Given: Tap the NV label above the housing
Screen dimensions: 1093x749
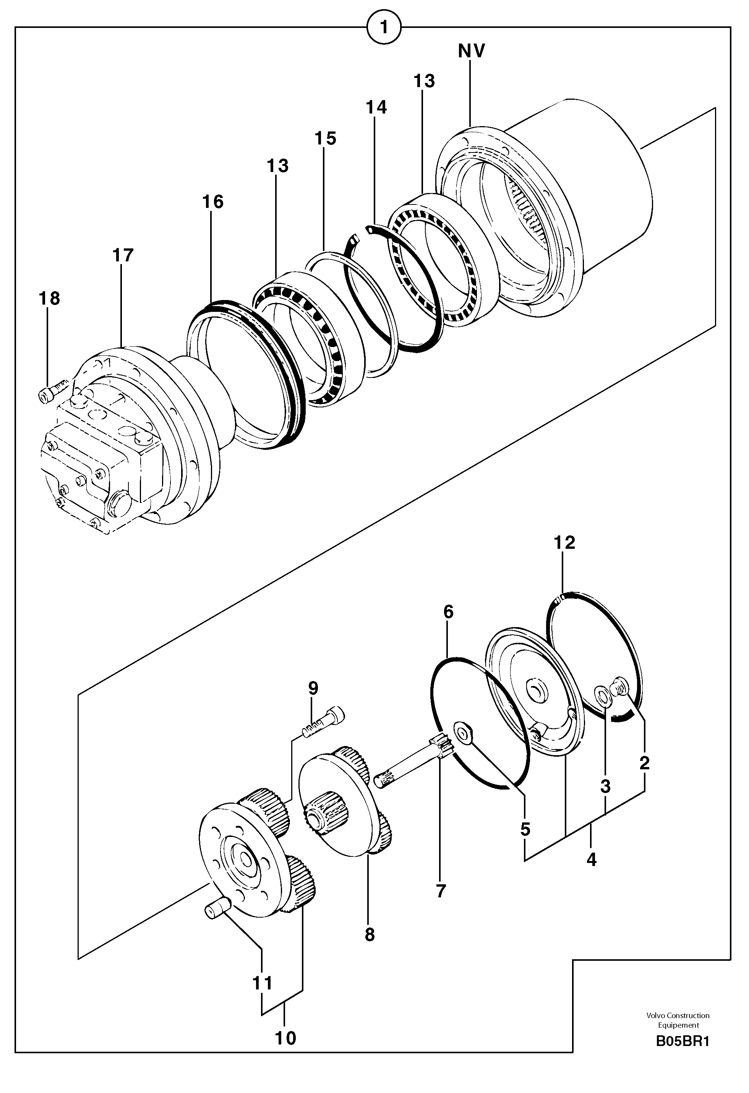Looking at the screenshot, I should click(x=472, y=51).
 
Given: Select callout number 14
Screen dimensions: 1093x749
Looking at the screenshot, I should click(x=376, y=108).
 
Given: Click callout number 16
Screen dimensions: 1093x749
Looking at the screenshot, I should click(x=212, y=202).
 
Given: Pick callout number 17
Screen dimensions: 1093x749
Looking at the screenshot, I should click(x=123, y=255).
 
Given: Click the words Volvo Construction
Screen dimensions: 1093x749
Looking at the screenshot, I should click(x=678, y=1015).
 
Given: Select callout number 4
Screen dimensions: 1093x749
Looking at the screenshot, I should click(x=592, y=860).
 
